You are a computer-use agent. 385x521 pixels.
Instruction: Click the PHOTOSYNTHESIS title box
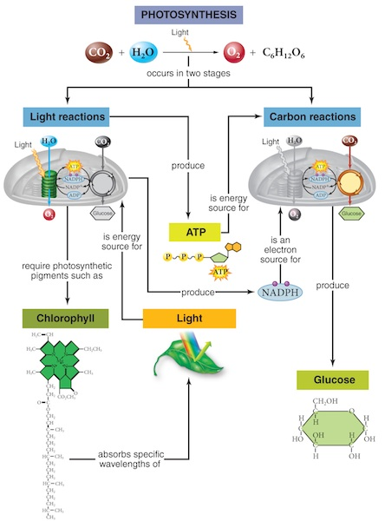192,16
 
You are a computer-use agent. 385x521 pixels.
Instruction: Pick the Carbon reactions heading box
310,115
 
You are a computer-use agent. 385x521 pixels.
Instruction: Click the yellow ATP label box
192,230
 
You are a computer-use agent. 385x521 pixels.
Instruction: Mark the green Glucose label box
333,379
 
